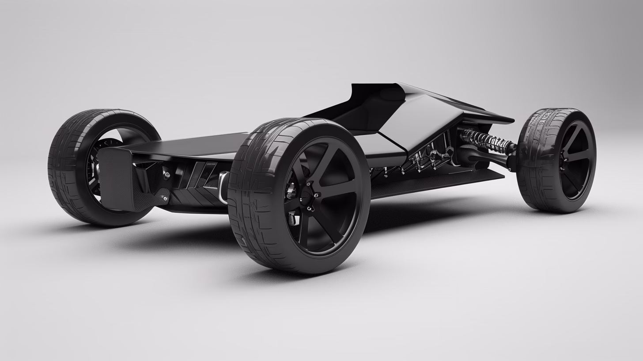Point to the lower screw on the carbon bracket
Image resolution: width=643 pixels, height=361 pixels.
click(164, 199)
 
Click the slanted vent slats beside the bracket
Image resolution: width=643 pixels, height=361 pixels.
click(199, 177)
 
